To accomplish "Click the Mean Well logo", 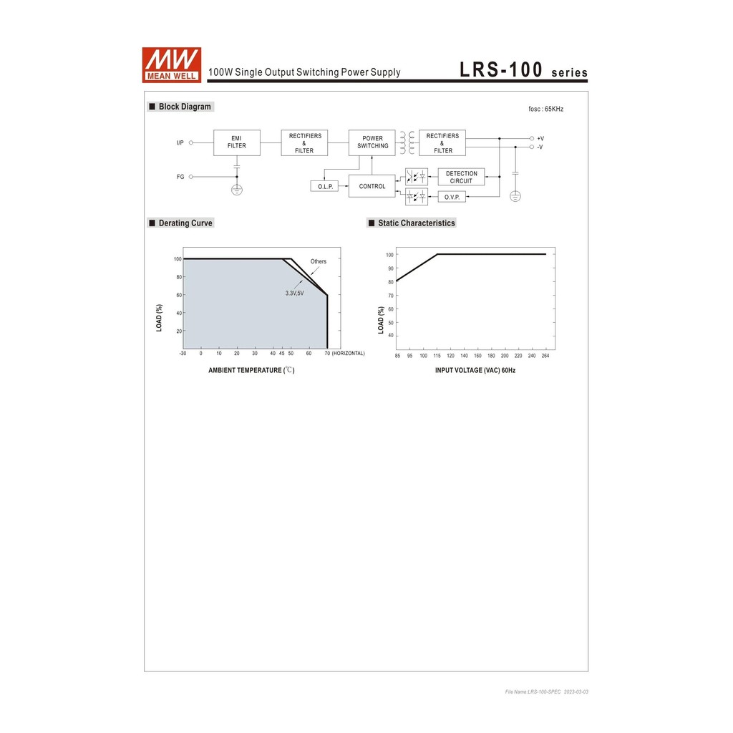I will [171, 64].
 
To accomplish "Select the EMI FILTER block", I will [237, 142].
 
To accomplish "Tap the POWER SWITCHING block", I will [372, 142].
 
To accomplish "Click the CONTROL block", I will [372, 186].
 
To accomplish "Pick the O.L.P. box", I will [324, 186].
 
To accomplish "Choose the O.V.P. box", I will [452, 197].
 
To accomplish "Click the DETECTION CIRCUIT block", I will [461, 177].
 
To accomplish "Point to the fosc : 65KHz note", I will [545, 109].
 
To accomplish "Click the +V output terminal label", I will [540, 138].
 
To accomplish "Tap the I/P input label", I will [180, 142].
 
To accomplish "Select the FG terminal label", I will [180, 176].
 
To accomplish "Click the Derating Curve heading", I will [185, 223].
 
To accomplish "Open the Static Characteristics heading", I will [416, 223].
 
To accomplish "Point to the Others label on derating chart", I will [318, 261].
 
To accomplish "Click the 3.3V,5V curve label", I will [294, 293].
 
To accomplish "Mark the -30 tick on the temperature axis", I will [183, 354].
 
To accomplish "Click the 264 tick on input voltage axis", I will [545, 356].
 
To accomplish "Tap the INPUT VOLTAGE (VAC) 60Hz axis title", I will [475, 370].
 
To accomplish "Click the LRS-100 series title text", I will [523, 70].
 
